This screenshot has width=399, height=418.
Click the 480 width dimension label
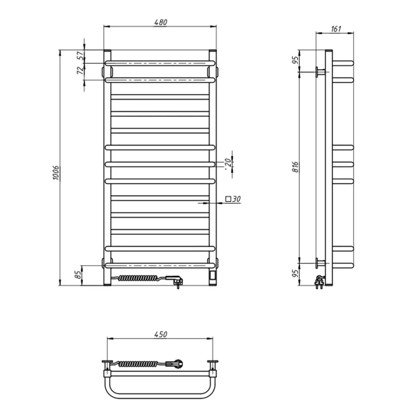tap(161, 22)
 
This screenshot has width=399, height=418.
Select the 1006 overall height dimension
tap(56, 173)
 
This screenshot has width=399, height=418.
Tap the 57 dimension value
tap(80, 56)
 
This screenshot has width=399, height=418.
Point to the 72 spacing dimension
tap(80, 70)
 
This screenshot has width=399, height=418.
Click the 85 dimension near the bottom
tap(78, 275)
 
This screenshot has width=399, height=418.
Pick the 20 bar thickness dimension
tap(227, 163)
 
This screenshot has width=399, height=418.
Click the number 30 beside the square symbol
tap(236, 199)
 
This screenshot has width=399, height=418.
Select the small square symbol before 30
tap(228, 199)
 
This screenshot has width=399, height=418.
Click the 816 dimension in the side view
tap(295, 167)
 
